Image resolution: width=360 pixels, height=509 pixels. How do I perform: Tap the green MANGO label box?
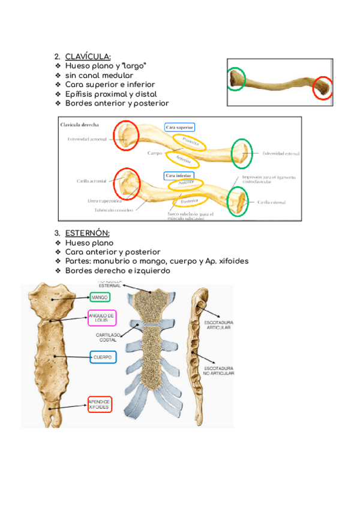pos(100,297)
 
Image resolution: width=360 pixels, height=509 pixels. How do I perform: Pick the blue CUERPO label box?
pos(103,357)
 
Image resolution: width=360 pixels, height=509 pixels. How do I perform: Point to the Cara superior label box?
pos(179,127)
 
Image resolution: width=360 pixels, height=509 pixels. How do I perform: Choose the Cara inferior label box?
pos(179,176)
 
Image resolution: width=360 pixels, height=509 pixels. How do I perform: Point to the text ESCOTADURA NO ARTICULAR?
pos(218,370)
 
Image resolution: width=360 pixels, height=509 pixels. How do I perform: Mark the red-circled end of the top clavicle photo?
pos(323,88)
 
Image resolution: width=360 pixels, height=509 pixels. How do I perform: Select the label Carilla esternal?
pos(271,202)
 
